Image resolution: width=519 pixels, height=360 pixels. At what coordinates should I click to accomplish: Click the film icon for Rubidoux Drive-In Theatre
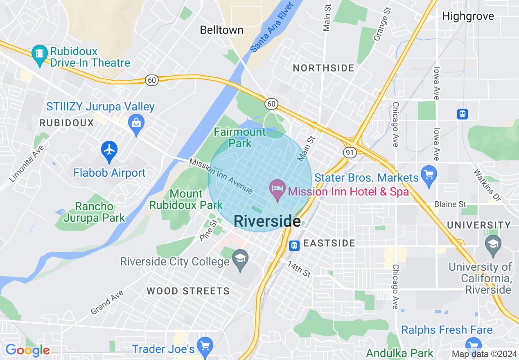pyautogui.click(x=40, y=54)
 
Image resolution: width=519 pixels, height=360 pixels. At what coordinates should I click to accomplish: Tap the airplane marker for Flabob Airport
pyautogui.click(x=109, y=150)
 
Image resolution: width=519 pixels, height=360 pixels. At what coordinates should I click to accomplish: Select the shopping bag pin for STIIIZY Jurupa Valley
pyautogui.click(x=136, y=123)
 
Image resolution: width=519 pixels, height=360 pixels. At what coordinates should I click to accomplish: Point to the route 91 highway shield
pyautogui.click(x=350, y=152)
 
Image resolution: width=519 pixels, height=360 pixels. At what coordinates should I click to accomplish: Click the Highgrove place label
pyautogui.click(x=468, y=16)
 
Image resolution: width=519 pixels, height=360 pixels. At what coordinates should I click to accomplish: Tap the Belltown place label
pyautogui.click(x=221, y=30)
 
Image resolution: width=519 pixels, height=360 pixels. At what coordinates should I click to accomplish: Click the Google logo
pyautogui.click(x=27, y=351)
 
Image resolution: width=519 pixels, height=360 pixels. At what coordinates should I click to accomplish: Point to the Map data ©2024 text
pyautogui.click(x=483, y=353)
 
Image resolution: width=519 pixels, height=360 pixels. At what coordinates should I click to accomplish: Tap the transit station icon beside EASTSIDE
pyautogui.click(x=294, y=245)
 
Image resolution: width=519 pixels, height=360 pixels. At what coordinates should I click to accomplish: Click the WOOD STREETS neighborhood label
pyautogui.click(x=188, y=291)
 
